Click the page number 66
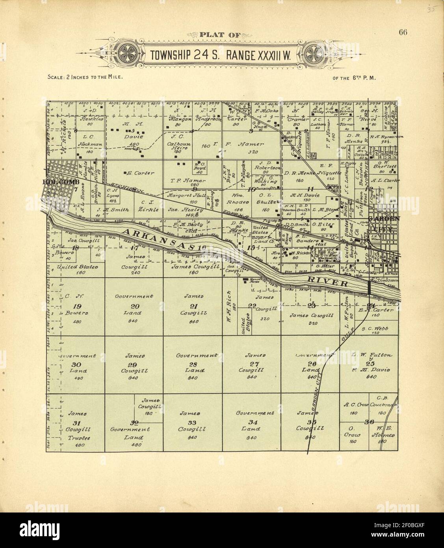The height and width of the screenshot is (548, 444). click(402, 32)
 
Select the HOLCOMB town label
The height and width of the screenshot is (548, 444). click(61, 182)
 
